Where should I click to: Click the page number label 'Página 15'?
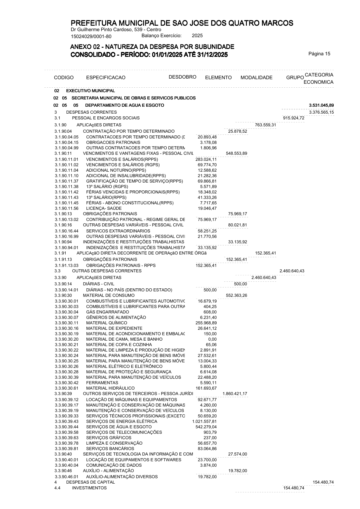(x=319, y=54)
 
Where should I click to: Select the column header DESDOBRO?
(x=182, y=77)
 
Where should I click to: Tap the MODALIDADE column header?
(x=256, y=78)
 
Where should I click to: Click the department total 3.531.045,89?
(x=321, y=105)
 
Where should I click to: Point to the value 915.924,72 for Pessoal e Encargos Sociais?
(x=293, y=118)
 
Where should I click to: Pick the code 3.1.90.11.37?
(x=67, y=181)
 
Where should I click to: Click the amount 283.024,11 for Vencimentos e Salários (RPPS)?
(x=206, y=159)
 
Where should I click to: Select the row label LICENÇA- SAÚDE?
(x=104, y=208)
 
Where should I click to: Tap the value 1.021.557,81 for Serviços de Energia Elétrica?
(x=204, y=421)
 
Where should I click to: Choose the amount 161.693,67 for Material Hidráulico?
(x=206, y=388)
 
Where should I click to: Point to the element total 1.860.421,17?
(x=235, y=394)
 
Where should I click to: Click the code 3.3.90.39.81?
(x=67, y=449)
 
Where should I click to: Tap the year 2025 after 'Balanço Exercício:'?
(x=197, y=36)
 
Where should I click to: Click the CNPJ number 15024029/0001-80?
(x=91, y=37)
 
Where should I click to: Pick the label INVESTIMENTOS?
(x=89, y=488)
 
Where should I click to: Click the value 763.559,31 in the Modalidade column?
(x=265, y=125)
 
